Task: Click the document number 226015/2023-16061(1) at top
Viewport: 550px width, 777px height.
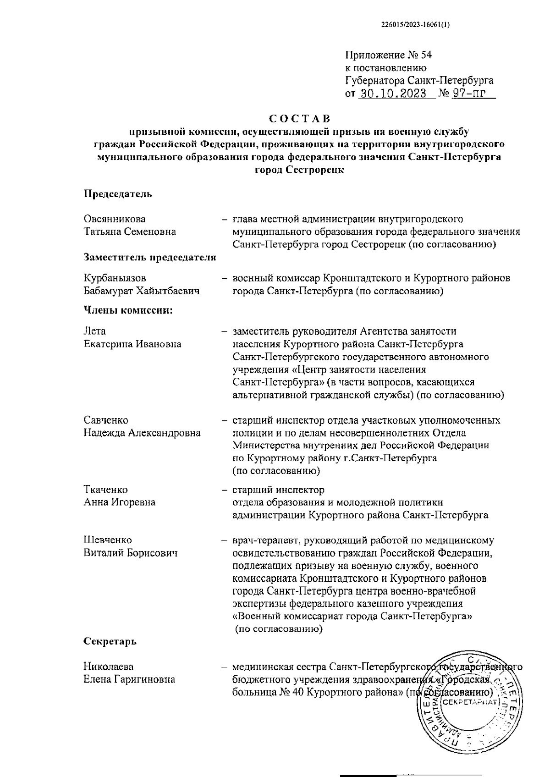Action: [415, 26]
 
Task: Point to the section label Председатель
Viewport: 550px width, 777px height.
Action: [118, 194]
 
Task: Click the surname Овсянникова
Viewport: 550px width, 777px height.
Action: [115, 219]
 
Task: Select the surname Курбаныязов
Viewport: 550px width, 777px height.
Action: [115, 278]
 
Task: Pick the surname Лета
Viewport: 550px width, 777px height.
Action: [94, 331]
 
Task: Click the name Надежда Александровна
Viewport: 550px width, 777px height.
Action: [142, 433]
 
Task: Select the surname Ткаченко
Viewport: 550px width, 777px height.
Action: [105, 490]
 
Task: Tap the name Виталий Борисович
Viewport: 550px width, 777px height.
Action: [130, 553]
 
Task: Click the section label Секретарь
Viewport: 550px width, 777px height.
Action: [110, 641]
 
